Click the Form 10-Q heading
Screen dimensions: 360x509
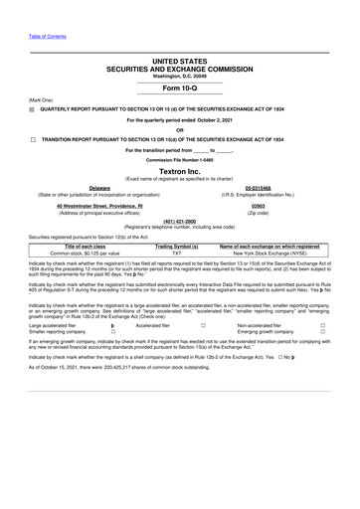point(179,85)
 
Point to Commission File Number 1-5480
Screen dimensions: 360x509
point(179,157)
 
